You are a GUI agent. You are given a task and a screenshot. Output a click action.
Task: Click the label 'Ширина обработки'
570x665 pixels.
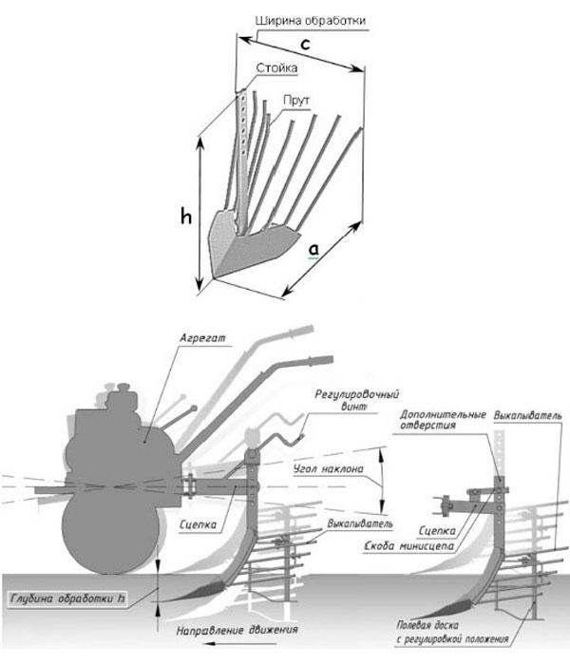click(311, 21)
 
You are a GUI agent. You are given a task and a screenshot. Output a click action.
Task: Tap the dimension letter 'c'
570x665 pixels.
click(305, 44)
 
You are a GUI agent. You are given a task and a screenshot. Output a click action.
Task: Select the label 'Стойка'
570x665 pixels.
click(276, 67)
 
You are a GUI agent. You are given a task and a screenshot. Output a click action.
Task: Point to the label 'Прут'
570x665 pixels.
click(296, 101)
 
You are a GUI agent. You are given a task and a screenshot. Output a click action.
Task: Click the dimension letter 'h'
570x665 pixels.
click(186, 217)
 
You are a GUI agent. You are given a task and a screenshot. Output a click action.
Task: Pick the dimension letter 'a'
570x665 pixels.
click(313, 250)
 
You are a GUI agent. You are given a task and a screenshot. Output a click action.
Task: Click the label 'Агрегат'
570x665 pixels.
click(202, 338)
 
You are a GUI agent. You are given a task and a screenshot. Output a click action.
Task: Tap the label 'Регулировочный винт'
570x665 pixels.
click(356, 400)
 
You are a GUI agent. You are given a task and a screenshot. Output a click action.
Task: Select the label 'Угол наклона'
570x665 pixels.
click(329, 468)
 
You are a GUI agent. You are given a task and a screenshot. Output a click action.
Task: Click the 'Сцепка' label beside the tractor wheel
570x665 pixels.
click(198, 524)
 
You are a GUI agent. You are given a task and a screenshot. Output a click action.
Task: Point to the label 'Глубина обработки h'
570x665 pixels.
click(67, 598)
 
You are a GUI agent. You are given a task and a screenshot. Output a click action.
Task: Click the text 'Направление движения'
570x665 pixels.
click(237, 630)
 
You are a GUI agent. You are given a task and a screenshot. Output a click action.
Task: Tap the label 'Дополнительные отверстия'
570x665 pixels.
click(443, 420)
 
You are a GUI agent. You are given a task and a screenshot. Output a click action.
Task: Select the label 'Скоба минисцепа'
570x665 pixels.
click(408, 546)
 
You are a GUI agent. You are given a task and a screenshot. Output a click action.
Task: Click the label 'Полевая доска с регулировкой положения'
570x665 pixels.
click(452, 632)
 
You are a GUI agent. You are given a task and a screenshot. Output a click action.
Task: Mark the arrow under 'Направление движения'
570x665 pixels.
click(239, 644)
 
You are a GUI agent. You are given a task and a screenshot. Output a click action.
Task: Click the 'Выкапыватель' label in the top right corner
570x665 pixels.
click(527, 416)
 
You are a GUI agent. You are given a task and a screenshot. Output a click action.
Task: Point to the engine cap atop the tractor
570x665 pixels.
click(123, 387)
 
